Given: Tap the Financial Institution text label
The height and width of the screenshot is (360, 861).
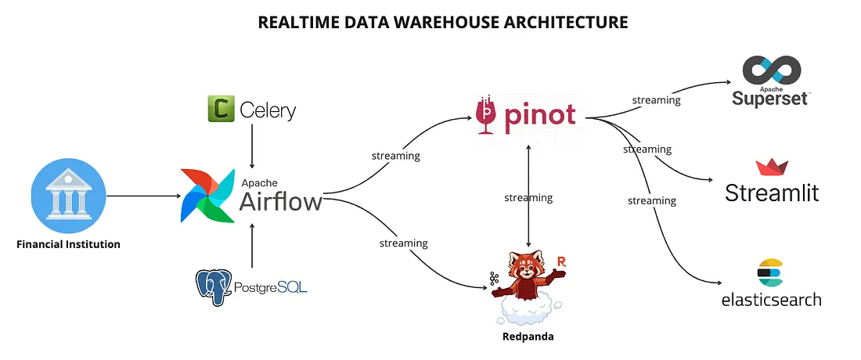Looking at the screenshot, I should [x=69, y=244].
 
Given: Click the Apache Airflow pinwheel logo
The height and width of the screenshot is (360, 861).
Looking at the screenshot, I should [x=207, y=195].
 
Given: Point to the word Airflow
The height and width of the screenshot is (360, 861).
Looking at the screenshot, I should [x=280, y=201].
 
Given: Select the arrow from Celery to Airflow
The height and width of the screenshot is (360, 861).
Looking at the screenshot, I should [x=252, y=147].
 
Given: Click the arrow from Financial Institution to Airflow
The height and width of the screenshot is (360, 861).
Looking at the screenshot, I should [x=141, y=196].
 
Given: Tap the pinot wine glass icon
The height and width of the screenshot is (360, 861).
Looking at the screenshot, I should [x=487, y=115].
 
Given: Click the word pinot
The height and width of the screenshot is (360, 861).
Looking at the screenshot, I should [x=540, y=115].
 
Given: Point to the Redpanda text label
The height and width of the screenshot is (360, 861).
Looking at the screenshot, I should [x=528, y=337].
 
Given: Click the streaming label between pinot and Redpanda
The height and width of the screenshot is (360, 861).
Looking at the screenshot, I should [x=528, y=198].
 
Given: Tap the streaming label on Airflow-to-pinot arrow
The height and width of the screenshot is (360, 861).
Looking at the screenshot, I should [x=395, y=156].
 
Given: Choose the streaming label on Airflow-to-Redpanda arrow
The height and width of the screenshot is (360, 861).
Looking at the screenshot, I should [x=403, y=243].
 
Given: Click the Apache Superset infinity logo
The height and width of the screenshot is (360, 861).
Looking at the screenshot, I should [x=771, y=71].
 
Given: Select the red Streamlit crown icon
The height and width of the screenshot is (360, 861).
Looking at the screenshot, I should [x=771, y=167].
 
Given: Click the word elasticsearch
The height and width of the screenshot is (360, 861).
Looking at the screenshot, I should [x=771, y=299].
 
